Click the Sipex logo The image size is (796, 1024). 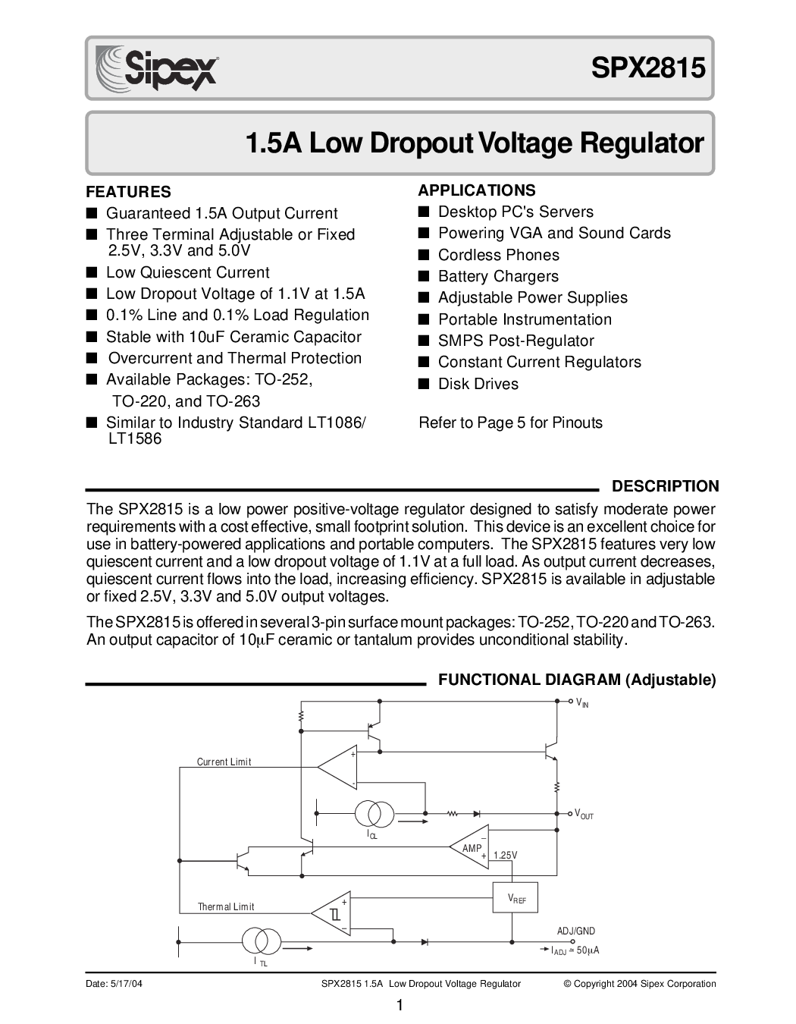pyautogui.click(x=156, y=69)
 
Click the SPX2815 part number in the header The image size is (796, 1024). pyautogui.click(x=648, y=68)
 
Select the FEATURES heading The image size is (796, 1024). pyautogui.click(x=128, y=192)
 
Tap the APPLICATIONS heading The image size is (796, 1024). pyautogui.click(x=477, y=190)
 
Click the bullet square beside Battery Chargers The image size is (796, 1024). pyautogui.click(x=424, y=276)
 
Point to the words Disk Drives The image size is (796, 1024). pyautogui.click(x=478, y=384)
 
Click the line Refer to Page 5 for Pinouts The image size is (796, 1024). pyautogui.click(x=510, y=422)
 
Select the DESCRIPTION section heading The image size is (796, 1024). pyautogui.click(x=665, y=486)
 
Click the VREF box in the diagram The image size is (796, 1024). pyautogui.click(x=516, y=897)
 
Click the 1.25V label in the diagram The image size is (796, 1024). pyautogui.click(x=505, y=856)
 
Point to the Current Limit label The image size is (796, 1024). pyautogui.click(x=224, y=762)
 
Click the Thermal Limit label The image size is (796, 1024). pyautogui.click(x=226, y=906)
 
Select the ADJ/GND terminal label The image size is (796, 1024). pyautogui.click(x=576, y=931)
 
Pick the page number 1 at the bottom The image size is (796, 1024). pyautogui.click(x=400, y=1005)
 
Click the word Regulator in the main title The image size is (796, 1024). pyautogui.click(x=642, y=144)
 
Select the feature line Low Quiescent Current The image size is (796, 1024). pyautogui.click(x=187, y=272)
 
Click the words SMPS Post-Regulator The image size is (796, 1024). pyautogui.click(x=516, y=341)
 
